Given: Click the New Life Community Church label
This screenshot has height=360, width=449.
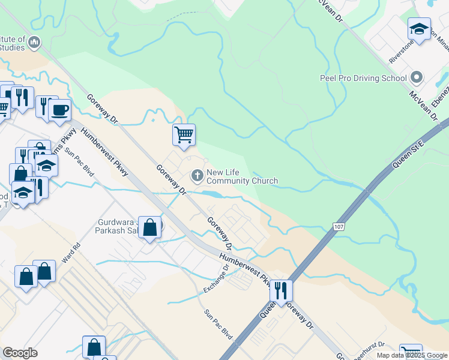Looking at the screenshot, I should (242, 176).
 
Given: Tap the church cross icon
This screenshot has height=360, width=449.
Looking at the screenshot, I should (196, 176).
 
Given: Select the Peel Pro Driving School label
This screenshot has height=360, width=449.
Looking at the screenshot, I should (364, 78).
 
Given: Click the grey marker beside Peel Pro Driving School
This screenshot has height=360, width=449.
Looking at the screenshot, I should (416, 78).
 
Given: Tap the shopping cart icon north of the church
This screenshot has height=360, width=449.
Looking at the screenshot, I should (184, 134).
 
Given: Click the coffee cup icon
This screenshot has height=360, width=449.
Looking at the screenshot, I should (60, 110).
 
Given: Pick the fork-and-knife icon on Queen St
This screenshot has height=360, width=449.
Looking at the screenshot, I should (280, 290).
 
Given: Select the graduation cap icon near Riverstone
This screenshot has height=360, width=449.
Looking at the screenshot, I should (419, 28).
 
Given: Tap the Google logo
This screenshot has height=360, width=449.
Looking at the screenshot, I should (20, 353).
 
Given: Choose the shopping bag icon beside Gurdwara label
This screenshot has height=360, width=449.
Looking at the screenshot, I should (150, 228).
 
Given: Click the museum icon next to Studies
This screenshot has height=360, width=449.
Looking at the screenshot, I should (34, 42).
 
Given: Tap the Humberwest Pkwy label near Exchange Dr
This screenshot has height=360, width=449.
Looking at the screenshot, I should (243, 266).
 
